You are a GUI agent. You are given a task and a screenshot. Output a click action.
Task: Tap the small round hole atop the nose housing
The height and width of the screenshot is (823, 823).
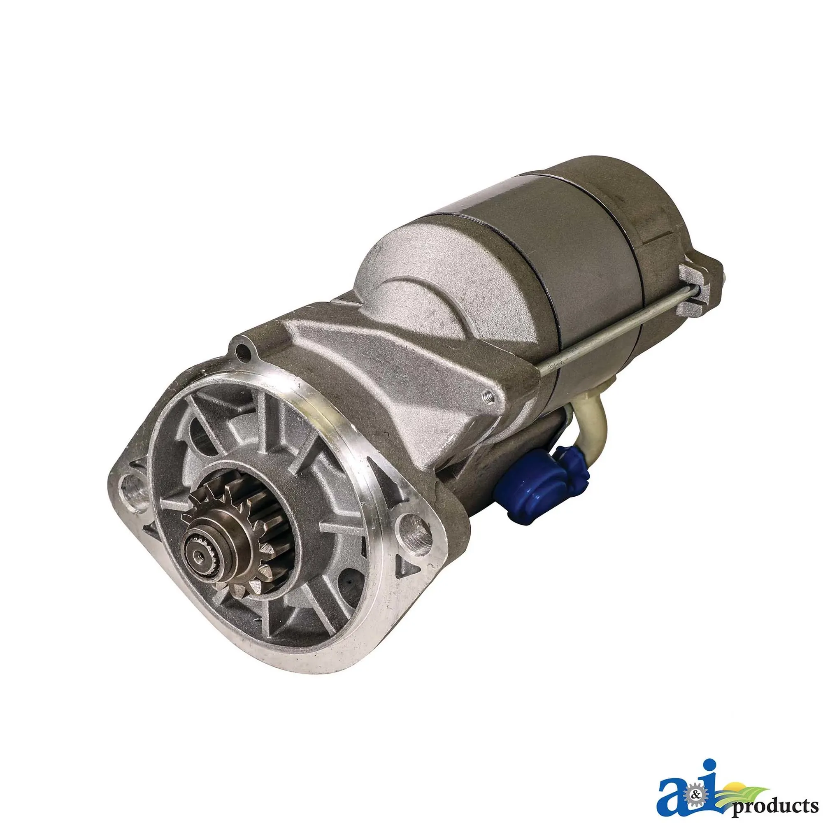(243, 351)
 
